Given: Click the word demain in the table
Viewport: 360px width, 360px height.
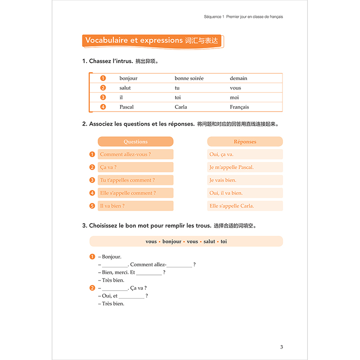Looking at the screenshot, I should click(238, 78).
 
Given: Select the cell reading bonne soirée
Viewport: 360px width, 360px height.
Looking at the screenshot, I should click(189, 78).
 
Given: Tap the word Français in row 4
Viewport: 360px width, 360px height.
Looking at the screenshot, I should click(239, 107).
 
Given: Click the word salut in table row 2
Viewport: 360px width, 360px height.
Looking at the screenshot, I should click(125, 88).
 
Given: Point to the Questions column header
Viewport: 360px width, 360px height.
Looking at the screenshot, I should click(135, 142).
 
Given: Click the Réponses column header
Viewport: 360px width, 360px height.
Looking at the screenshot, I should click(245, 142).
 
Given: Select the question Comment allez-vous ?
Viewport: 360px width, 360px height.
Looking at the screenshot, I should click(125, 154).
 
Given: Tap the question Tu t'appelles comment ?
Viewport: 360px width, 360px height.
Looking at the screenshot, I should click(127, 180).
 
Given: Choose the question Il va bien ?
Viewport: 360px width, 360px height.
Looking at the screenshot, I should click(112, 206).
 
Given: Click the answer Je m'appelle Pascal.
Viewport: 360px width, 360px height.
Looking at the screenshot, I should click(231, 167).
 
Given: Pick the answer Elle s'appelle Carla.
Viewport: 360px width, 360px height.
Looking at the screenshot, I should click(232, 206).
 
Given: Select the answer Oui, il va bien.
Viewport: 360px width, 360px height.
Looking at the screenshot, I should click(226, 193).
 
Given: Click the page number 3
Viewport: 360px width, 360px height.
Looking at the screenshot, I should click(281, 347).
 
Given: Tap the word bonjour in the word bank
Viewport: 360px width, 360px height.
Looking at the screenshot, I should click(172, 242).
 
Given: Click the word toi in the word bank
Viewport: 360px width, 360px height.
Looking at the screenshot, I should click(224, 242).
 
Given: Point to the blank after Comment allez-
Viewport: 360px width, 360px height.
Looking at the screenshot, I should click(179, 265).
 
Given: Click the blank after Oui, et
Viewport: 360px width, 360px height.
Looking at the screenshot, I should click(131, 296).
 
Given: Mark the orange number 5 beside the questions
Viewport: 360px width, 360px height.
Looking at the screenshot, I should click(92, 206).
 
